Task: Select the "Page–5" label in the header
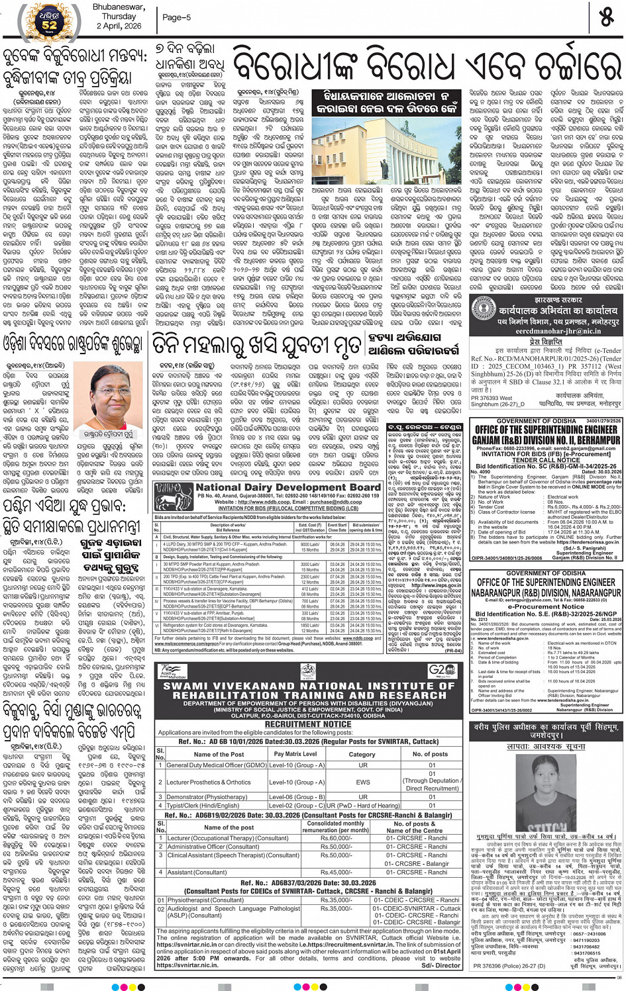(x=176, y=17)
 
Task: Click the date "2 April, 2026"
(x=119, y=26)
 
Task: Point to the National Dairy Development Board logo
(x=174, y=496)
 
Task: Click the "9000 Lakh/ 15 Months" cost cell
(x=310, y=547)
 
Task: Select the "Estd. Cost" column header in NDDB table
(x=310, y=528)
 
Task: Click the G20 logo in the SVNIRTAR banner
(x=441, y=670)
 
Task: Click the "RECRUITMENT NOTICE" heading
(x=308, y=724)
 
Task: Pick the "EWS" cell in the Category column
(x=362, y=782)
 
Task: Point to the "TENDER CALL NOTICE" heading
(x=546, y=459)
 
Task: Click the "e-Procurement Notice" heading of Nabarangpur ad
(x=545, y=606)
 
